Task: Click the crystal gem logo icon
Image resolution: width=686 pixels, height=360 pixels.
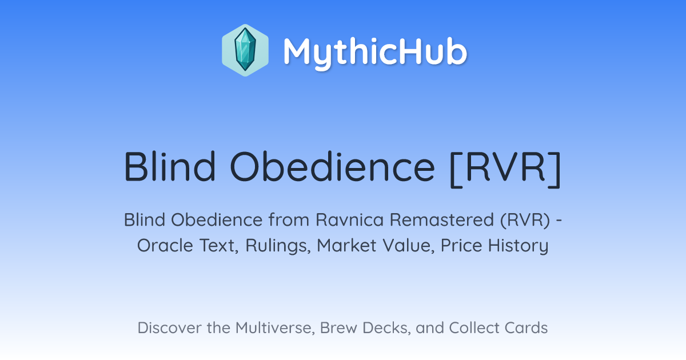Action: [x=245, y=50]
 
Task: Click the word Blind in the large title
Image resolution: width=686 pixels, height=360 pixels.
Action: [x=170, y=167]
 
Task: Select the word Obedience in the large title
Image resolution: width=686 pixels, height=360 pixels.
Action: [x=332, y=167]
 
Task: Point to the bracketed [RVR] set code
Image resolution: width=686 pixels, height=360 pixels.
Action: [x=505, y=169]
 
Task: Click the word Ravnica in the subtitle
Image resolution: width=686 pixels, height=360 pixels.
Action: [x=349, y=220]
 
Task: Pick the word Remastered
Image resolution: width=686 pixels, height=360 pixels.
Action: [x=441, y=220]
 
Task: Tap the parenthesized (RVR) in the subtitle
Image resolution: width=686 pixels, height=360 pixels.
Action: [x=525, y=221]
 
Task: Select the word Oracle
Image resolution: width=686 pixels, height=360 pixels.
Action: [x=165, y=246]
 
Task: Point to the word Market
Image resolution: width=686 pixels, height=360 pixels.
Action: [x=346, y=246]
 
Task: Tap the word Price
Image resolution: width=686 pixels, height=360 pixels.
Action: [x=461, y=246]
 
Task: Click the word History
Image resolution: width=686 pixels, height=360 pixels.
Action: [x=518, y=246]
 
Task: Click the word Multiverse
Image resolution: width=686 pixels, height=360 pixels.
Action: [x=275, y=328]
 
